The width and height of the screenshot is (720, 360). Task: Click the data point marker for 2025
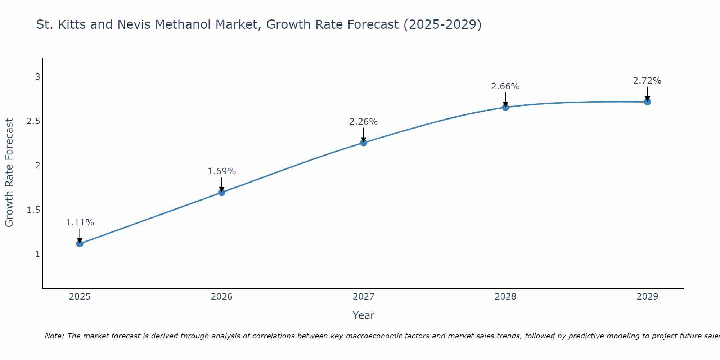(80, 244)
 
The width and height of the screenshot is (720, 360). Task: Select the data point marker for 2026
(222, 192)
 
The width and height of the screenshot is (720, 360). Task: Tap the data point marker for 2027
(364, 143)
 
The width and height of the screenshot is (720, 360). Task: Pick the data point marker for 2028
(505, 107)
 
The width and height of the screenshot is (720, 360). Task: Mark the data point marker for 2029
(647, 102)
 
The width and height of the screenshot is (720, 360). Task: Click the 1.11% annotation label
(80, 222)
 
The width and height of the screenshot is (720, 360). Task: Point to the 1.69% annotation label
(222, 171)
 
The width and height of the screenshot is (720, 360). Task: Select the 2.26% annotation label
(364, 122)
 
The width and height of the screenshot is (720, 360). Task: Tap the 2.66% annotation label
(505, 86)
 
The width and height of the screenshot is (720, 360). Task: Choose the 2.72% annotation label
(647, 81)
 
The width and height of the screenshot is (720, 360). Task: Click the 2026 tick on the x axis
(222, 297)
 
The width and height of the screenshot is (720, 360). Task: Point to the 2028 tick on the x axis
(505, 297)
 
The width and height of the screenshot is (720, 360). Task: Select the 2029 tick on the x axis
(647, 297)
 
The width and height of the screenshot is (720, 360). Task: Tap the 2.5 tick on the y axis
(33, 121)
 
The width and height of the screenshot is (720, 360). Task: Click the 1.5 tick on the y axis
(33, 210)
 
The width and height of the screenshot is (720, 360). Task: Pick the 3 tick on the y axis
(37, 77)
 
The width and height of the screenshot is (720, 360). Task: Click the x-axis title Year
(364, 315)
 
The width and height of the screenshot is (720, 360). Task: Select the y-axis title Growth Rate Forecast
(9, 173)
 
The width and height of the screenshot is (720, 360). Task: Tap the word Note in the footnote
(54, 336)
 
